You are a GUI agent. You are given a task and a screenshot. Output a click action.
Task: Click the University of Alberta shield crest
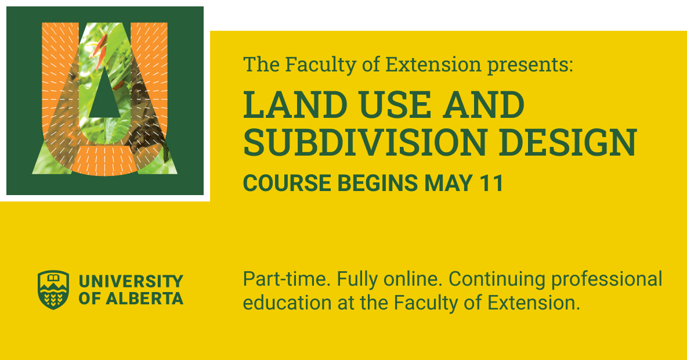pyautogui.click(x=53, y=289)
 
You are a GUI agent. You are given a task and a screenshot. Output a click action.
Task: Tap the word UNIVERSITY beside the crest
pyautogui.click(x=131, y=282)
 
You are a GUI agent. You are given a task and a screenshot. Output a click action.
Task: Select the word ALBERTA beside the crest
pyautogui.click(x=146, y=299)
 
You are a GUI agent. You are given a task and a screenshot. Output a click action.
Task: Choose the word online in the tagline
pyautogui.click(x=413, y=279)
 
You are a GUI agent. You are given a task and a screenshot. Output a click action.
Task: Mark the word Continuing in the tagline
pyautogui.click(x=497, y=279)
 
